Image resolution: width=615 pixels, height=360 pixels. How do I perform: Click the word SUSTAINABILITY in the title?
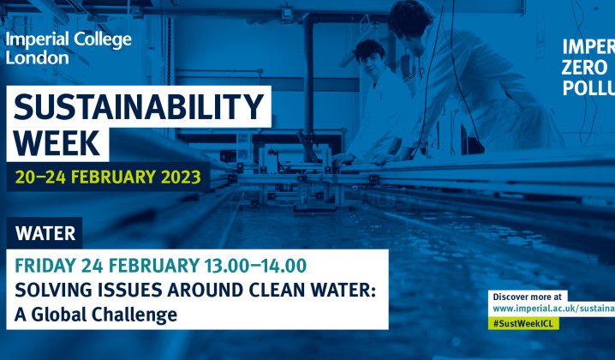[x=139, y=108]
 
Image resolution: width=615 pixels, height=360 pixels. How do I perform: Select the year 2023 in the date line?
[x=178, y=177]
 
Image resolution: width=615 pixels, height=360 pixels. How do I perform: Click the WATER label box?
[x=45, y=232]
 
